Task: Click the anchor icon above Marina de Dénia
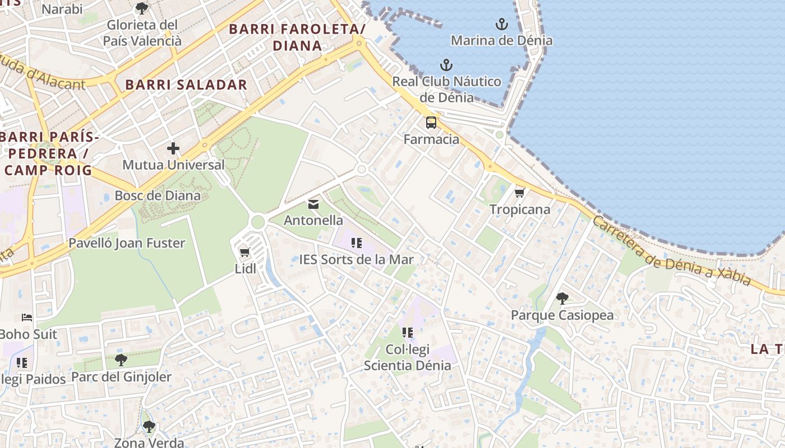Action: click(502, 24)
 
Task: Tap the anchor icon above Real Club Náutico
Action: click(446, 65)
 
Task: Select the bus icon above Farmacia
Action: click(431, 123)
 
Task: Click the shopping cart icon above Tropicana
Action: click(520, 193)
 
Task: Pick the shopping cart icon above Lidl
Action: click(244, 253)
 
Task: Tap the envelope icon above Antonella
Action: click(313, 204)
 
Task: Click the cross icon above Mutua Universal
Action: click(173, 148)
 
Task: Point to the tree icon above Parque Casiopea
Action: click(562, 298)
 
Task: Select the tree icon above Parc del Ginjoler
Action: click(121, 360)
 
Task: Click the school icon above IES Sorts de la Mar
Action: click(356, 243)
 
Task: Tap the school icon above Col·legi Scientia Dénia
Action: click(408, 333)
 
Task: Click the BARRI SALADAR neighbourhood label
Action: click(186, 85)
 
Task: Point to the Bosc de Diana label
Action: click(158, 195)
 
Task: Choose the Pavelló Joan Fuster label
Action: click(127, 243)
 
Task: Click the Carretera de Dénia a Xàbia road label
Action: click(671, 251)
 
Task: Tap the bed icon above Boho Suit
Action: click(27, 318)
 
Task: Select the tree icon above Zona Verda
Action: click(149, 427)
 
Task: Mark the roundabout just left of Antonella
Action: click(258, 222)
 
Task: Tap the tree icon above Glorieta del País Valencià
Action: click(142, 8)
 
